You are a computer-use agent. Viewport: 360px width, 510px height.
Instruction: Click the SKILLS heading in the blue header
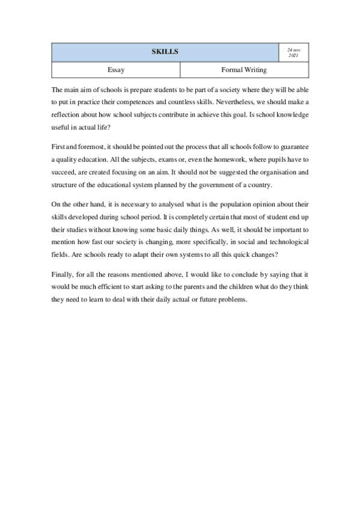[x=165, y=52]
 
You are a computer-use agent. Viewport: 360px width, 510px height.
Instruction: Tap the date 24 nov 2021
[x=293, y=52]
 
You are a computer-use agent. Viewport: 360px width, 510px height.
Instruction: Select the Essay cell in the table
[x=115, y=70]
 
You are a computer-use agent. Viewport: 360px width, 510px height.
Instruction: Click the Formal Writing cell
[x=244, y=70]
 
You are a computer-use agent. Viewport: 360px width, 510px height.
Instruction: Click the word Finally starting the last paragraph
[x=63, y=275]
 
